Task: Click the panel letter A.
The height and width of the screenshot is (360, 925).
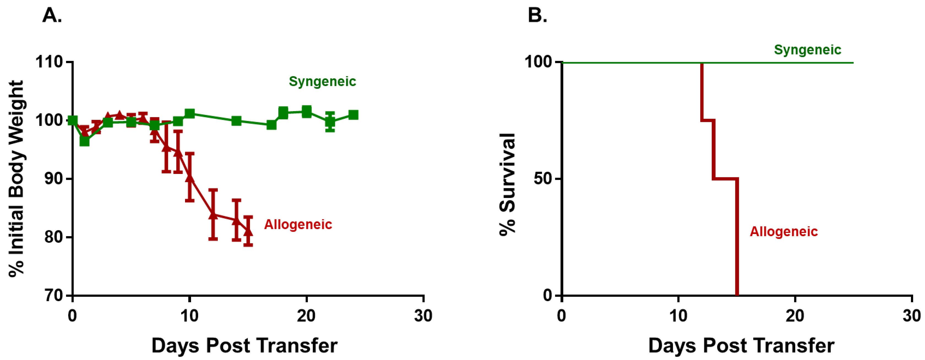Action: click(x=52, y=15)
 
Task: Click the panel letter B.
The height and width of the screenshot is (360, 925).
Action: click(x=537, y=15)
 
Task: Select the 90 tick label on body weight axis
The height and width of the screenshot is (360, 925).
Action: click(x=53, y=178)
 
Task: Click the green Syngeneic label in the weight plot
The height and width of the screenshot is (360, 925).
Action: click(x=322, y=81)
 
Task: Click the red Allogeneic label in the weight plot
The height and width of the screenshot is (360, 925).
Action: click(x=298, y=224)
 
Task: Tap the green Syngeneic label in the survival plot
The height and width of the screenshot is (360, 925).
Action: click(x=807, y=50)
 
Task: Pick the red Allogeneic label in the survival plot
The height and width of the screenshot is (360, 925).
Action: click(x=783, y=231)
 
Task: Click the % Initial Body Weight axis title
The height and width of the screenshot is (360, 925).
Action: click(x=16, y=178)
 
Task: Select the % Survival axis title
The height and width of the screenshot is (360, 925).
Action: click(x=507, y=184)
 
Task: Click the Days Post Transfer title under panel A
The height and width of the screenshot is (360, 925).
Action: click(x=244, y=346)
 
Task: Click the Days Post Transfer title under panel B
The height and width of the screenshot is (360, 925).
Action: click(x=741, y=346)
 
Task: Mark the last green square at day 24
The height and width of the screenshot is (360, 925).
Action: click(x=353, y=115)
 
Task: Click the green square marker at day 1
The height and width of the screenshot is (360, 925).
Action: click(x=85, y=141)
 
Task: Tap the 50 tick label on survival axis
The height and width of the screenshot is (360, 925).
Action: click(x=543, y=178)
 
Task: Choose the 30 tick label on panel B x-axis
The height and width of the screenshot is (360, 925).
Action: click(x=911, y=316)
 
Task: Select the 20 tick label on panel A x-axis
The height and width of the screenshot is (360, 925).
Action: click(x=306, y=316)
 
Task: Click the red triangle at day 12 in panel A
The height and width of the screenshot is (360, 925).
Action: click(x=213, y=215)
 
